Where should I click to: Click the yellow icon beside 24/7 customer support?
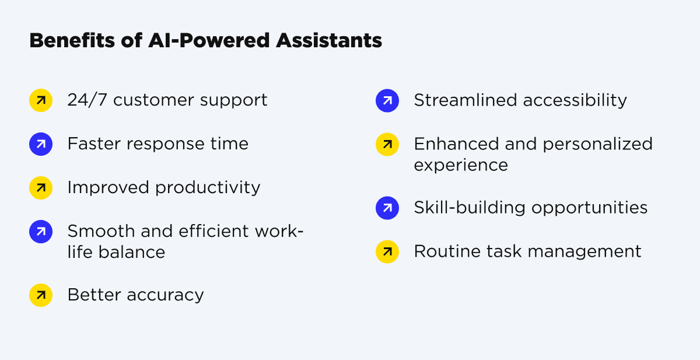[41, 100]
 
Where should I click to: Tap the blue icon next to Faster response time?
[41, 144]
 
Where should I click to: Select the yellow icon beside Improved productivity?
[41, 188]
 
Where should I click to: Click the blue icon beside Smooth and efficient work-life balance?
[41, 232]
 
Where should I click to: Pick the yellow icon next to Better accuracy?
[41, 295]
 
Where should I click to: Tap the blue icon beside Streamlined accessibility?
[387, 100]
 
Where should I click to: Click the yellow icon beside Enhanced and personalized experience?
[387, 144]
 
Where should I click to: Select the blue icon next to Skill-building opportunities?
[387, 208]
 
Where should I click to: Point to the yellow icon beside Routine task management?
[387, 251]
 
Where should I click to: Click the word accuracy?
[170, 295]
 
